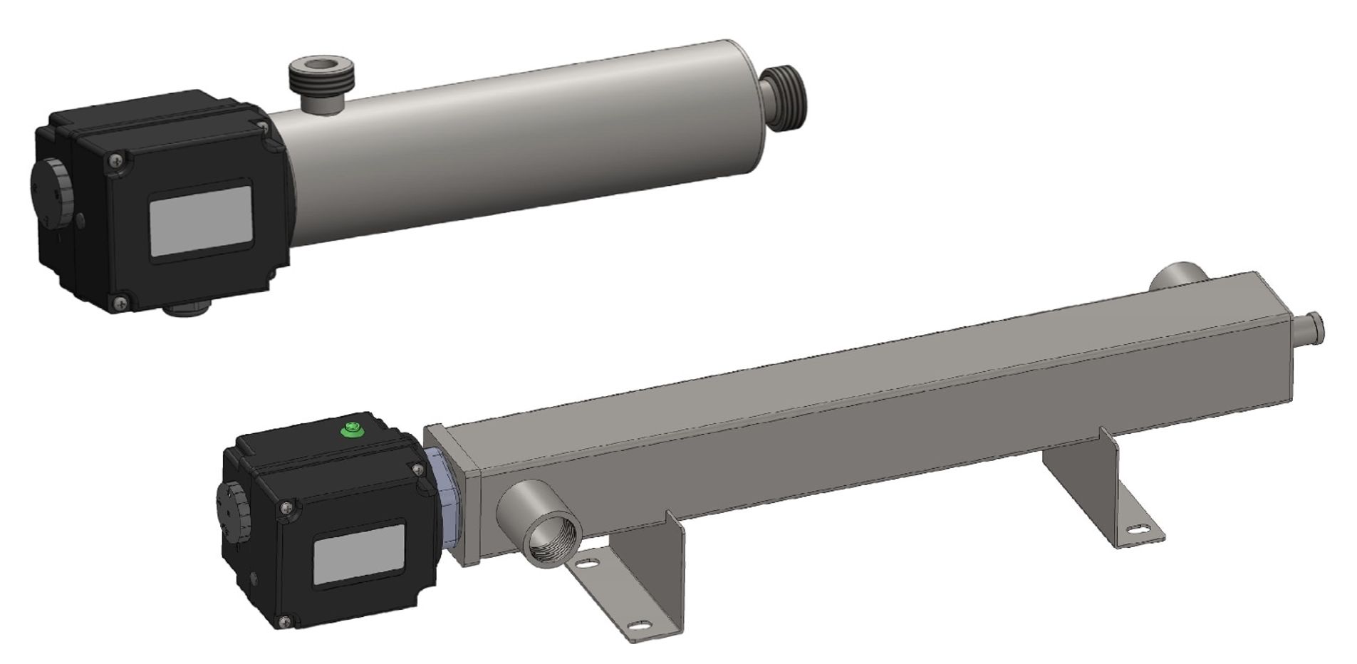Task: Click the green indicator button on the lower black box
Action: click(350, 430)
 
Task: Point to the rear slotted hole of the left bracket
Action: click(587, 563)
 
